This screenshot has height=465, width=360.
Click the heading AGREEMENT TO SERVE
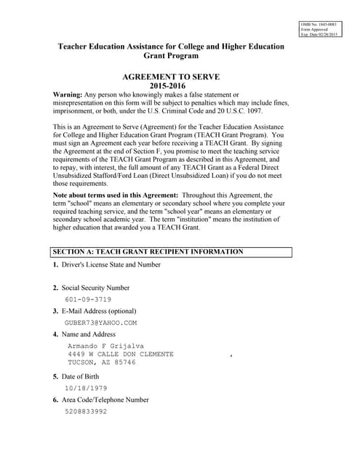tap(171, 76)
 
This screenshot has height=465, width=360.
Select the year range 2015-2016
tap(171, 86)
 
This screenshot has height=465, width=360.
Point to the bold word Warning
tap(71, 95)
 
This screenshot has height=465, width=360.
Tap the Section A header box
tap(171, 252)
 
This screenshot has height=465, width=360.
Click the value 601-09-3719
tap(88, 299)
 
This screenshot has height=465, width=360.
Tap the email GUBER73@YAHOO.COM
tap(100, 323)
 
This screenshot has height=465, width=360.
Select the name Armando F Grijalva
tap(105, 346)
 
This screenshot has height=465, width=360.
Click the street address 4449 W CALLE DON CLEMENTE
tap(121, 354)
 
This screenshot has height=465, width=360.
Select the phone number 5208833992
tap(86, 411)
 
